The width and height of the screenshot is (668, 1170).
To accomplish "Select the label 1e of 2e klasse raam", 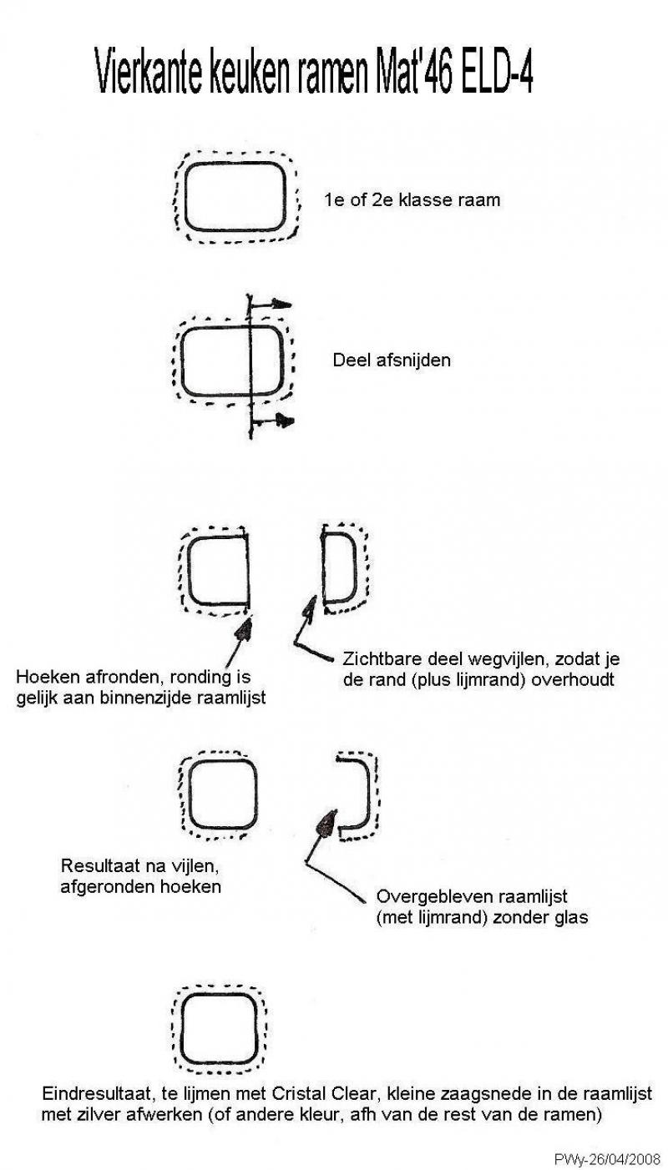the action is [x=412, y=199].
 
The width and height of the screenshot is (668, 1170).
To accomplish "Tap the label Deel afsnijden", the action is [x=392, y=360].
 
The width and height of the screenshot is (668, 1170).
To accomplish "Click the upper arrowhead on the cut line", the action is [x=282, y=304].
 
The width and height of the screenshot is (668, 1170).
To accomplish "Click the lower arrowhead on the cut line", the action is [x=285, y=420].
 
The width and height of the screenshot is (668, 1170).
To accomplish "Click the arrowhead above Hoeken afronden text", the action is [x=244, y=629].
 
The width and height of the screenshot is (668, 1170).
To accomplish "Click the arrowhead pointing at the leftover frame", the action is [x=327, y=824].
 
